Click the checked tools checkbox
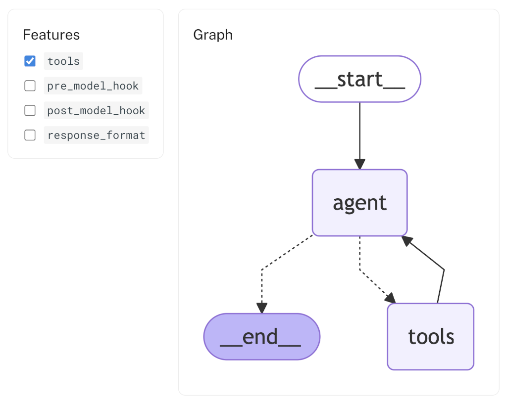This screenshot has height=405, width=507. [30, 61]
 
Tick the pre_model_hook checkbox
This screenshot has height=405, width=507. [30, 86]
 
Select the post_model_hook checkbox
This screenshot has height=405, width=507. [30, 110]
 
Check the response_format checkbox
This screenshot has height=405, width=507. [30, 135]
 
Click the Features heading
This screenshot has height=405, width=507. [51, 35]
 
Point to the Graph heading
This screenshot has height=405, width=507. [213, 35]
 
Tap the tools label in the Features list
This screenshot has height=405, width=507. [63, 61]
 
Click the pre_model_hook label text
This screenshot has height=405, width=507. [93, 86]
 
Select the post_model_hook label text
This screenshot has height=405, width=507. [96, 110]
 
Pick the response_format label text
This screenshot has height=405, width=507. [96, 135]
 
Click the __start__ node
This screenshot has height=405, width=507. [359, 79]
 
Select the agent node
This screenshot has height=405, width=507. [359, 203]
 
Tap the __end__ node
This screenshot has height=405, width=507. [261, 337]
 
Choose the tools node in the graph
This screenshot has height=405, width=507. [430, 337]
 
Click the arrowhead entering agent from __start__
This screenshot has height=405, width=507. [359, 164]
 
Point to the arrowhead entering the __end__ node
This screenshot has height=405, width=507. [261, 308]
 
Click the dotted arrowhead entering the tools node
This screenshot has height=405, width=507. [391, 298]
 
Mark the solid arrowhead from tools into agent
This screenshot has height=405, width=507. [407, 241]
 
